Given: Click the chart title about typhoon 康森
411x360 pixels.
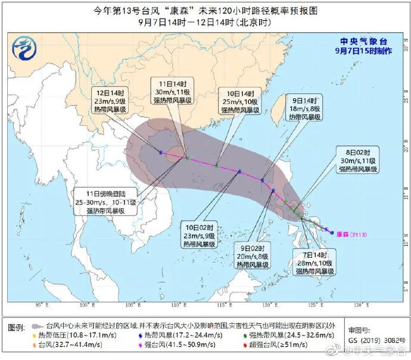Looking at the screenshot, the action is [205, 10].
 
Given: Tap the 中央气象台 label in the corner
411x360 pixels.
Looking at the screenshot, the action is [365, 42].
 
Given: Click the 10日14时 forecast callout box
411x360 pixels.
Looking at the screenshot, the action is [241, 101].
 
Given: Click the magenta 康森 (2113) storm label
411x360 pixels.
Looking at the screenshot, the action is [353, 234].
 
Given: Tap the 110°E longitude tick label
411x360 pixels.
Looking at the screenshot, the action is [177, 305].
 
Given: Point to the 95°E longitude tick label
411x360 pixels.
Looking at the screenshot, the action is [41, 305].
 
